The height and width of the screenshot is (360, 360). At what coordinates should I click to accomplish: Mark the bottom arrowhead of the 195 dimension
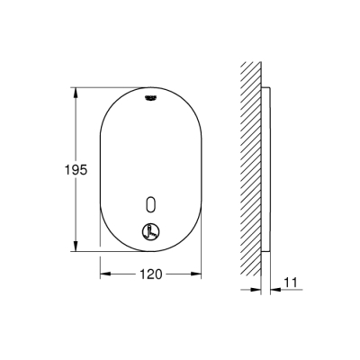coord(76,248)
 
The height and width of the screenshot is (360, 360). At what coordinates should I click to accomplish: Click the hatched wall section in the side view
coord(251,171)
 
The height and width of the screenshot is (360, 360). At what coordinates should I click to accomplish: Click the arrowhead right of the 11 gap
coord(273,290)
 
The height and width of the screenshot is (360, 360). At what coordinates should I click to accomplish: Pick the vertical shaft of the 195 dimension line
coord(76,135)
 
